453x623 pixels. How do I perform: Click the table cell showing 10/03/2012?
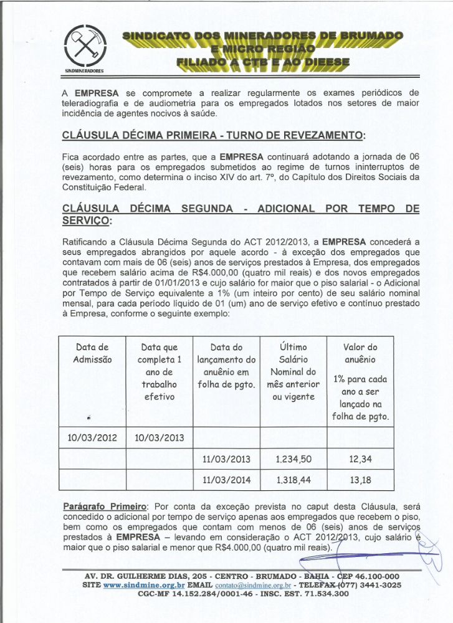tap(91, 437)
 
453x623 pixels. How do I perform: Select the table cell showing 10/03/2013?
tap(160, 437)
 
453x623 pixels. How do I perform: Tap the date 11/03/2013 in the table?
tap(226, 460)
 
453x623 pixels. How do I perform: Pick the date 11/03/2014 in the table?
tap(226, 480)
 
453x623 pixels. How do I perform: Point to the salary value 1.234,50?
tap(293, 460)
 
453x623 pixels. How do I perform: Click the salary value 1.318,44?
tap(293, 480)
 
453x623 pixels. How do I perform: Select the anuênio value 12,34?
tap(360, 460)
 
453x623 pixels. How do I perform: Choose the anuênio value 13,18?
tap(360, 480)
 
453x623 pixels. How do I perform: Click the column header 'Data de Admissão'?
tap(92, 353)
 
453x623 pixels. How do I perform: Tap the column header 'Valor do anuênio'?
tap(360, 353)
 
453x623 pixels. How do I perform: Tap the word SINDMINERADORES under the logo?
tap(84, 71)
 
